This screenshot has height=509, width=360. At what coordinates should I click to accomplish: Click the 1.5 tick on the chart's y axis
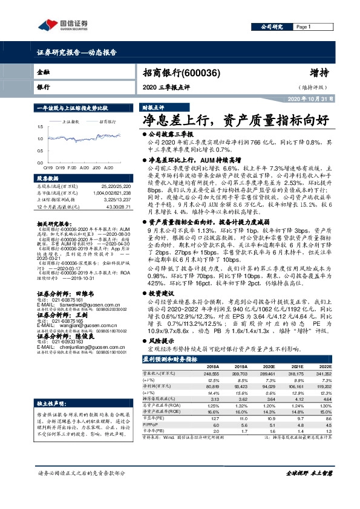(x=40, y=126)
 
